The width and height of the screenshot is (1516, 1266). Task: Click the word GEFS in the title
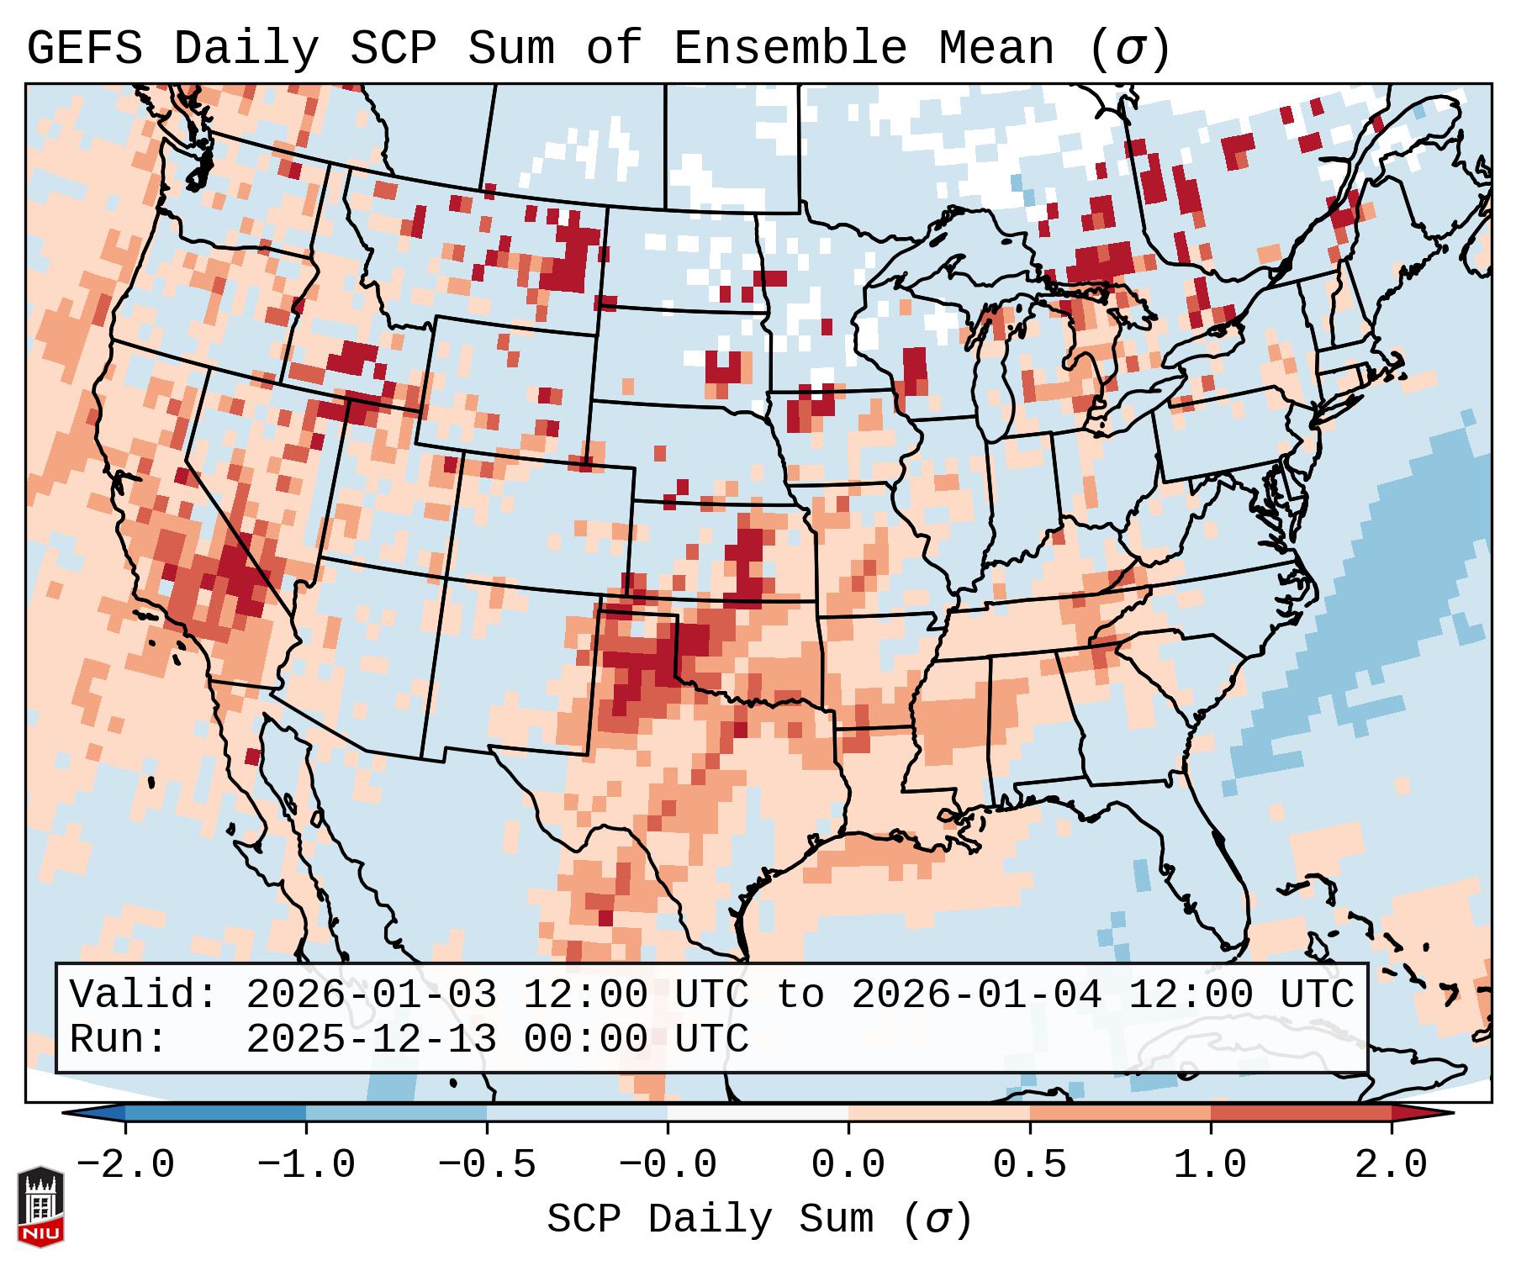click(x=84, y=48)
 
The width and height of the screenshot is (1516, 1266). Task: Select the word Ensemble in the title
click(x=790, y=48)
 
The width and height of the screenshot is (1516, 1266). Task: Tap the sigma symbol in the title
click(x=1129, y=50)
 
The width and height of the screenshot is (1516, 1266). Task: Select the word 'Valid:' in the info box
click(x=143, y=995)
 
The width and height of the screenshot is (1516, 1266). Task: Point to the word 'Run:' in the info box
click(x=118, y=1040)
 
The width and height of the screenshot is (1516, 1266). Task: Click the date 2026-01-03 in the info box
click(x=371, y=995)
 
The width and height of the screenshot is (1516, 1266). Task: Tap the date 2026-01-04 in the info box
click(x=976, y=995)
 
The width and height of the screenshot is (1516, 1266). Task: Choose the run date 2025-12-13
click(x=371, y=1040)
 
